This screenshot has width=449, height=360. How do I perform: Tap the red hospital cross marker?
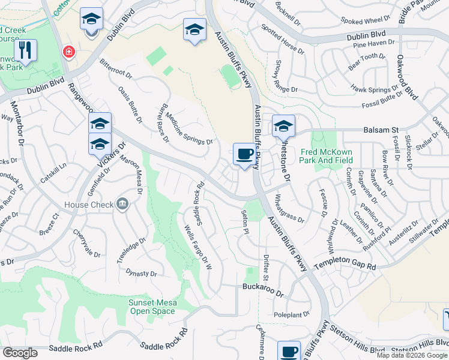[x=69, y=52]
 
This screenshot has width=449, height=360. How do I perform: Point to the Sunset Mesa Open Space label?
[x=152, y=307]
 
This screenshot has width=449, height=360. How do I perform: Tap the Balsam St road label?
[x=381, y=130]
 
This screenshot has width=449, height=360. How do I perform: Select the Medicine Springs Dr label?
[x=188, y=129]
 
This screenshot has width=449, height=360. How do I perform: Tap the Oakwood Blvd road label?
[x=406, y=78]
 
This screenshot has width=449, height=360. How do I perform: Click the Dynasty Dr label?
[x=141, y=273]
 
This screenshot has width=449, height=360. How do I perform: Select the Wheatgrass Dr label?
[x=289, y=208]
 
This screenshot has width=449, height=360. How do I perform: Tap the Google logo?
[x=20, y=353]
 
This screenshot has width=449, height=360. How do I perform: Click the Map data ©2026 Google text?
[x=412, y=355]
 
